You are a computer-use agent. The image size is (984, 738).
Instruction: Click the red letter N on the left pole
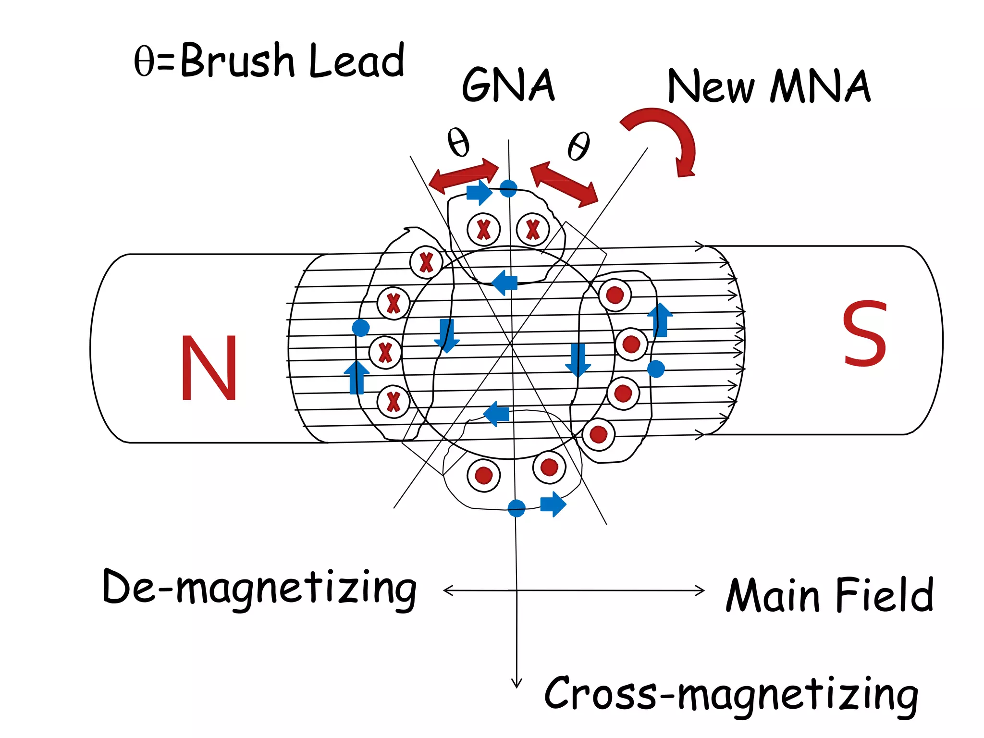[x=209, y=368]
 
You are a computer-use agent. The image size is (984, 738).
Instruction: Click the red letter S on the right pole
[x=864, y=333]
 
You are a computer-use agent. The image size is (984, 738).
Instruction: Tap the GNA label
[x=508, y=85]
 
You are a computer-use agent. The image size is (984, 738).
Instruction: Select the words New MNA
[x=769, y=86]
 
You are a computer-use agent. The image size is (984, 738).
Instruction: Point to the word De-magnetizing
[x=259, y=589]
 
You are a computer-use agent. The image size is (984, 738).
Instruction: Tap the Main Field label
[x=829, y=596]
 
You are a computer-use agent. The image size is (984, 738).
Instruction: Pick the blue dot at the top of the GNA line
[x=508, y=188]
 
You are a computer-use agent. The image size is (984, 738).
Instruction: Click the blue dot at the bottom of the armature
[x=517, y=508]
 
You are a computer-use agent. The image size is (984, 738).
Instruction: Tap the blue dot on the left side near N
[x=361, y=328]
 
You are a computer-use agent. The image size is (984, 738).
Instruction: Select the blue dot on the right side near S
[x=656, y=369]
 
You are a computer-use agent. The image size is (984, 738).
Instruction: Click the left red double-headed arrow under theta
[x=464, y=175]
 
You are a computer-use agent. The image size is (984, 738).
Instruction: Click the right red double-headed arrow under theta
[x=565, y=184]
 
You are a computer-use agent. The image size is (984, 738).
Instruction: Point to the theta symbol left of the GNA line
[x=458, y=142]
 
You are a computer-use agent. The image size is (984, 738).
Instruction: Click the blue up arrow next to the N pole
[x=357, y=377]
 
